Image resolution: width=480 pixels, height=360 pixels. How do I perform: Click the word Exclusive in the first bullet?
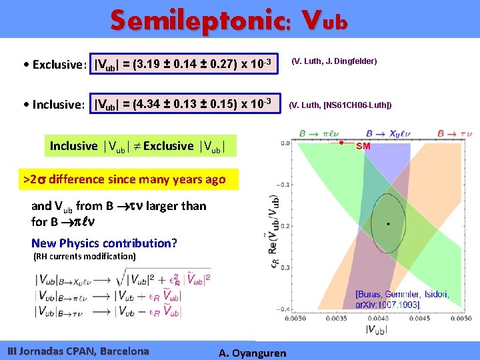pyautogui.click(x=56, y=65)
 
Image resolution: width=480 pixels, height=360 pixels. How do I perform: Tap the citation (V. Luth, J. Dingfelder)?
pyautogui.click(x=335, y=61)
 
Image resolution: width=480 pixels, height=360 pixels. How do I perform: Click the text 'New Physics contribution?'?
pyautogui.click(x=104, y=243)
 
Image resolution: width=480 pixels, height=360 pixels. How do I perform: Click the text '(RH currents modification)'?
pyautogui.click(x=84, y=256)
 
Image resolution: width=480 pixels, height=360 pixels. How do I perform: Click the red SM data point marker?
pyautogui.click(x=341, y=143)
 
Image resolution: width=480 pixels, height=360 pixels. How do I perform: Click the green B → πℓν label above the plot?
pyautogui.click(x=300, y=133)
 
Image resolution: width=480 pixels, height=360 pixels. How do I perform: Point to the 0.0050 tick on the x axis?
pyautogui.click(x=459, y=319)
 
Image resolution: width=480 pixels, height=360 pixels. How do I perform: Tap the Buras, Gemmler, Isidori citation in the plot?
pyautogui.click(x=401, y=299)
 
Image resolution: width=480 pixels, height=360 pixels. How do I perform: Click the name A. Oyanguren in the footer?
pyautogui.click(x=252, y=353)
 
